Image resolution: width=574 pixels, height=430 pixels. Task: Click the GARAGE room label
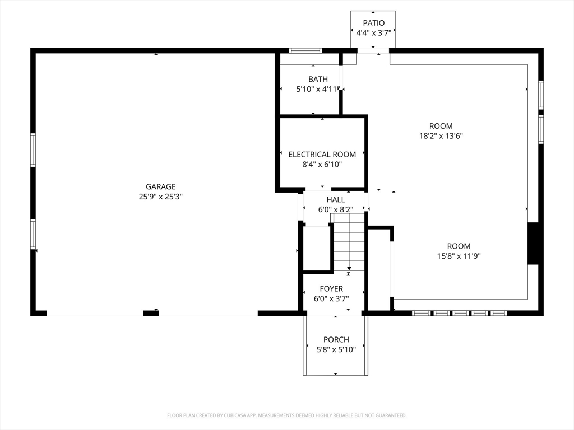(161, 186)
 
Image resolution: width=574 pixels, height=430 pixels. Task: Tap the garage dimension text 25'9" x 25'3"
(161, 197)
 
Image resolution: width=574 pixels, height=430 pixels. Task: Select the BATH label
(318, 79)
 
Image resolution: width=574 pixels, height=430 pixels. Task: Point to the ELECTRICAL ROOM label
(322, 155)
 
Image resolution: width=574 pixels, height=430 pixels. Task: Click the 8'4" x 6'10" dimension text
(322, 165)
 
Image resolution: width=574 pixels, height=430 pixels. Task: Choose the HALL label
(336, 200)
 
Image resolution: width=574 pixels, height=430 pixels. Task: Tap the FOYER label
(331, 289)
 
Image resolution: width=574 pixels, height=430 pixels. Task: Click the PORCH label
(336, 340)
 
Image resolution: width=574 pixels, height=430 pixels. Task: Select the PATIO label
(374, 23)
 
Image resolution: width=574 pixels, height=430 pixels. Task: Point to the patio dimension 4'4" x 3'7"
(374, 33)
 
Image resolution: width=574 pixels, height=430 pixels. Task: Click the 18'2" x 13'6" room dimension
(441, 136)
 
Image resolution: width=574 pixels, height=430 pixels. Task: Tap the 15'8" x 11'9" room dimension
(459, 256)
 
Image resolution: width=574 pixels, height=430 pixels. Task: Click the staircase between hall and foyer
(349, 242)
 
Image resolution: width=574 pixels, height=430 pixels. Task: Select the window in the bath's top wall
(305, 50)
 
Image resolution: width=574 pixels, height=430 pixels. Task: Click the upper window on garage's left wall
(33, 150)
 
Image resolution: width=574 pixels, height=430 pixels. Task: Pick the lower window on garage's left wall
(33, 234)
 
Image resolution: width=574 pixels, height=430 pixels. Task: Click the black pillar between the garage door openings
(151, 313)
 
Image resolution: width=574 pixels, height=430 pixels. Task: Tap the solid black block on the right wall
(533, 243)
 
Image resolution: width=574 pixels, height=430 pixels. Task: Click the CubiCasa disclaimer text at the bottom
(287, 415)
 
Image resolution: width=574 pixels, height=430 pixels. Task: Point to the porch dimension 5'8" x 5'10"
(336, 350)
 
